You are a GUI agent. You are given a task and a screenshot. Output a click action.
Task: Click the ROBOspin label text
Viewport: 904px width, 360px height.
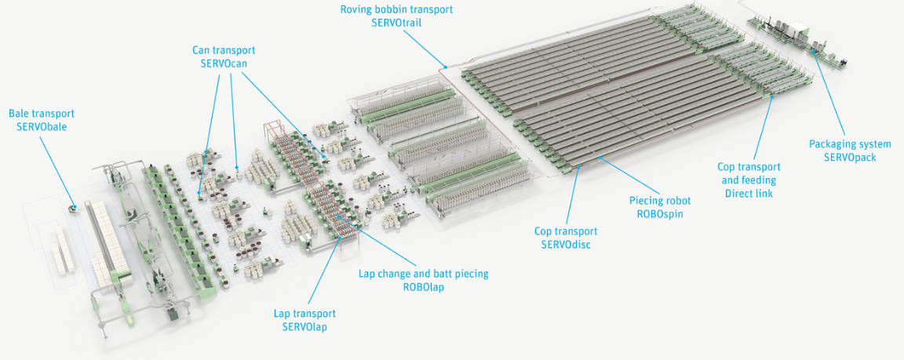(659, 213)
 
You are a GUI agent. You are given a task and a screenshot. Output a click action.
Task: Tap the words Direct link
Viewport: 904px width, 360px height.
(749, 194)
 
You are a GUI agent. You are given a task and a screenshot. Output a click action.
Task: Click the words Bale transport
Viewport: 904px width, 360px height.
(42, 114)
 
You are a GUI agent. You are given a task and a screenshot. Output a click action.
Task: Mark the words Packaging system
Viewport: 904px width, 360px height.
(850, 144)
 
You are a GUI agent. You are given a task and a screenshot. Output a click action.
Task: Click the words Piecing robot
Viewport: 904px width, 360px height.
(659, 201)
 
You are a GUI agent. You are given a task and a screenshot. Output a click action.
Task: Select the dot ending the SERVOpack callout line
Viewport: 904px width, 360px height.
(815, 51)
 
